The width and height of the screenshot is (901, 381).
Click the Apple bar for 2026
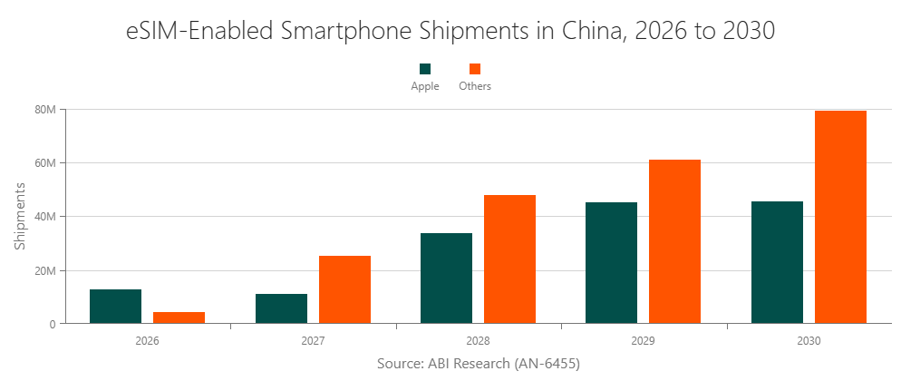[x=115, y=307]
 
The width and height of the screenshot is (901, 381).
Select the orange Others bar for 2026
[x=179, y=317]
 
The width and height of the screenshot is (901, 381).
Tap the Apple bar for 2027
[x=281, y=308]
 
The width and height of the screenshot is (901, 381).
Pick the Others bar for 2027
[x=344, y=289]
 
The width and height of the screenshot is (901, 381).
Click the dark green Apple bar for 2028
[x=446, y=278]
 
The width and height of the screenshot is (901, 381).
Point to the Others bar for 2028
[x=509, y=259]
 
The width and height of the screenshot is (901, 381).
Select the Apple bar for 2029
[x=611, y=263]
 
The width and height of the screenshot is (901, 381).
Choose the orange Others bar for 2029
[x=674, y=241]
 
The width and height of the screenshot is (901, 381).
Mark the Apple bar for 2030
[x=777, y=262]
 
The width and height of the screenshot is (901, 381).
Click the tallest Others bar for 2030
[x=840, y=217]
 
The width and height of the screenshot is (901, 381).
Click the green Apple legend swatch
[x=424, y=69]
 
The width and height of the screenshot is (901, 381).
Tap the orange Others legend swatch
[x=475, y=69]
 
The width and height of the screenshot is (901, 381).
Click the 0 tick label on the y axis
[x=53, y=324]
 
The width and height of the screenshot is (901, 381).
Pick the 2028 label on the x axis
[x=478, y=342]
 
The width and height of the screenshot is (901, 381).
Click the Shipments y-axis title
[x=20, y=217]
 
